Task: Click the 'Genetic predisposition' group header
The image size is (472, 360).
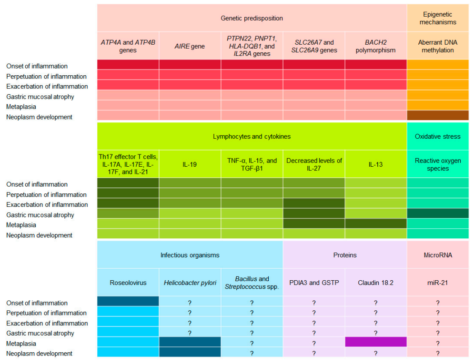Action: click(252, 18)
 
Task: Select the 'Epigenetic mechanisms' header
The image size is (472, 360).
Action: click(437, 18)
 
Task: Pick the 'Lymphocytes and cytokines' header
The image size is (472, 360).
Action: click(252, 136)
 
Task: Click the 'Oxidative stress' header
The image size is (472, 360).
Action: click(437, 136)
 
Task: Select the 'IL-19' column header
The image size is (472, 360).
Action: click(190, 164)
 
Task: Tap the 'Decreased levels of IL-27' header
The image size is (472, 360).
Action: click(314, 164)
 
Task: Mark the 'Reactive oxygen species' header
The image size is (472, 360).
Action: click(437, 164)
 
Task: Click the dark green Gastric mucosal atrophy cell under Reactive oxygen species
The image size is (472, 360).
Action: click(437, 213)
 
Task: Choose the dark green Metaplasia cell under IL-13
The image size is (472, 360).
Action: click(376, 223)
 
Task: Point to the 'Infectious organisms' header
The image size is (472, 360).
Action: click(190, 255)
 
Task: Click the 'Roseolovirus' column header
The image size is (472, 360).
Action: click(128, 283)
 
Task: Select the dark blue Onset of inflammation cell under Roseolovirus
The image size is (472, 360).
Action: click(128, 301)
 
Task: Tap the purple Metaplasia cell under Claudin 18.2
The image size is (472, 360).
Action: click(376, 342)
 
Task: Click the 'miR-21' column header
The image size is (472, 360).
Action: click(437, 283)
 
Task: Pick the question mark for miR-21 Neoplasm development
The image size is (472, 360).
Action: click(437, 353)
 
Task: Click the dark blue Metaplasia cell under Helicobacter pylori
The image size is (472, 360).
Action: click(190, 342)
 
